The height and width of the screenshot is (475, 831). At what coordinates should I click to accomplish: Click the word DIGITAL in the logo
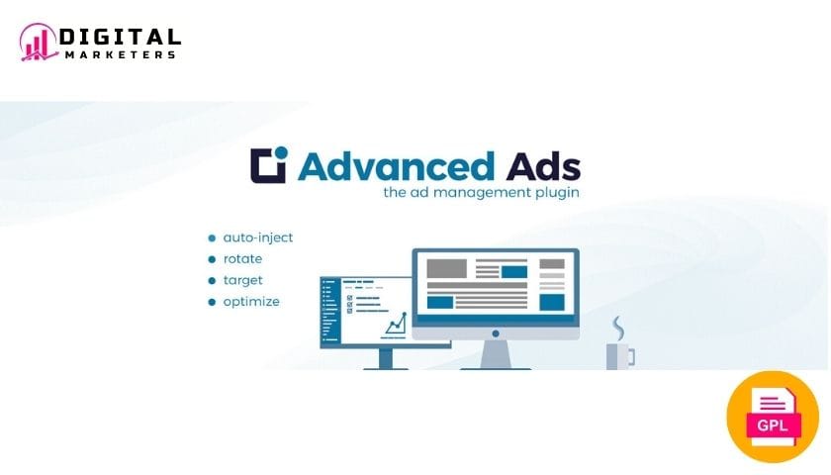coord(120,38)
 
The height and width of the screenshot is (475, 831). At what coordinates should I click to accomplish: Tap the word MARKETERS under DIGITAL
coord(121,54)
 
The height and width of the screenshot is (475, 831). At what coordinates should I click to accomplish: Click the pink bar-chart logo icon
coord(39,42)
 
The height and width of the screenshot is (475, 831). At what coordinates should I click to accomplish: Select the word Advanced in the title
coord(397,167)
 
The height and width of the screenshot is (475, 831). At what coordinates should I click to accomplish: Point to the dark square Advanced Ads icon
coord(269,165)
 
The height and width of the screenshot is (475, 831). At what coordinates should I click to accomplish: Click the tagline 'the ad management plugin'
coord(481,192)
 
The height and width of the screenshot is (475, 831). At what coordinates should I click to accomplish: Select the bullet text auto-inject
coord(257,238)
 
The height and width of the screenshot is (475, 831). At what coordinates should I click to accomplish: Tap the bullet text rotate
coord(242,259)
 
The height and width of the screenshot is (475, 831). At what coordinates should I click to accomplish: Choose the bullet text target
coord(242,281)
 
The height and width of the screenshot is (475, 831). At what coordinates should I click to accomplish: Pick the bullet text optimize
coord(251,302)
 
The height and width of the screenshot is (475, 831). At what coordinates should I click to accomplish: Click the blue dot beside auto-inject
coord(212,238)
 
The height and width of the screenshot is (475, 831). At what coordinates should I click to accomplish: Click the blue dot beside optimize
coord(212,302)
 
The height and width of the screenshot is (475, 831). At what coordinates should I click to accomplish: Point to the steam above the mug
coord(618,329)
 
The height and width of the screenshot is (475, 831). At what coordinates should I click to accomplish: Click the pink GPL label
coord(773,426)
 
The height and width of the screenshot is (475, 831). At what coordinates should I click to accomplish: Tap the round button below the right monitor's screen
coord(496,333)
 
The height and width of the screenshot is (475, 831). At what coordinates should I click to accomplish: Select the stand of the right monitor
coord(496,354)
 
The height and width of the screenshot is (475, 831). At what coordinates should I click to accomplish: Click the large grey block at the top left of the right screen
coord(447,268)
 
